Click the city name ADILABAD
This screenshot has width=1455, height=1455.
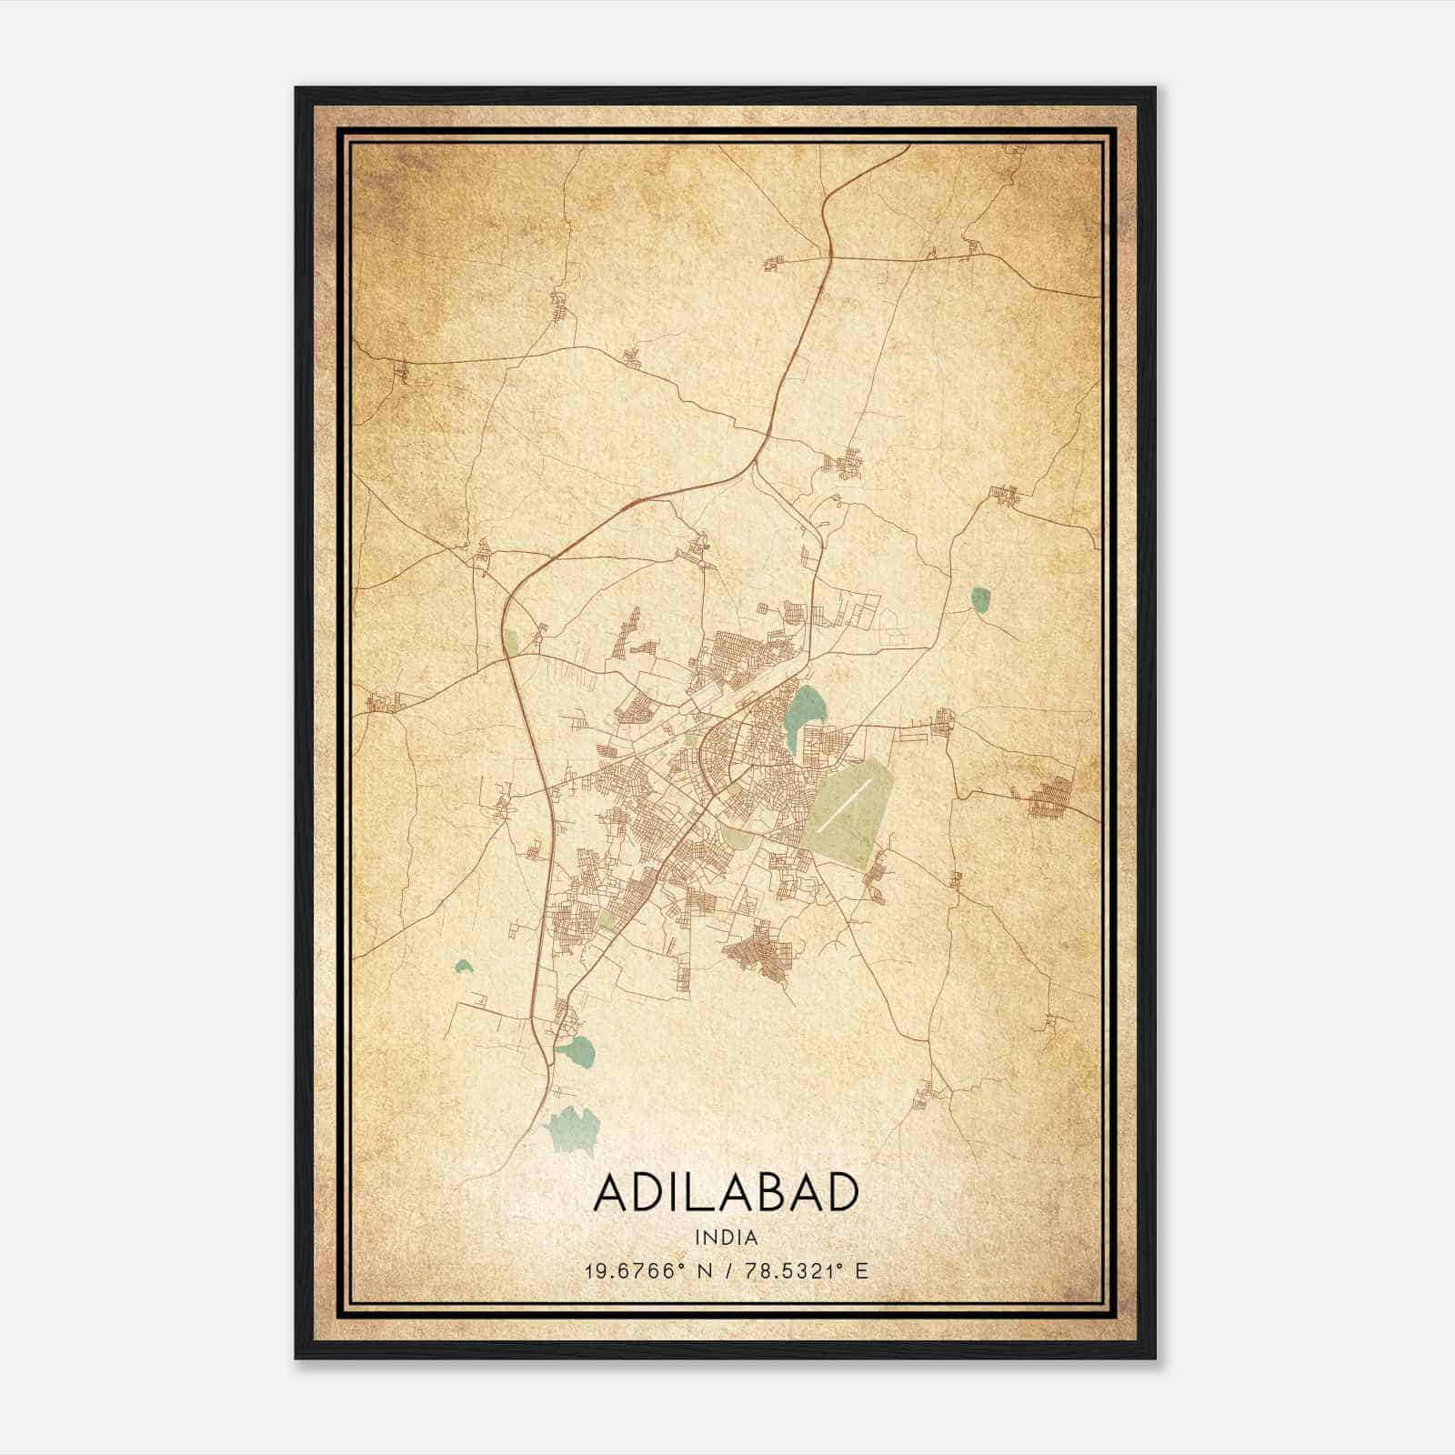tap(727, 1192)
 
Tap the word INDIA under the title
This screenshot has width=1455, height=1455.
tap(727, 1238)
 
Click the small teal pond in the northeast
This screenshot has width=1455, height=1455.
tap(980, 600)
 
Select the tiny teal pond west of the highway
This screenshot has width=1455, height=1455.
tap(464, 967)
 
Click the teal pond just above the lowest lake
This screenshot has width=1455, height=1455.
tap(577, 1052)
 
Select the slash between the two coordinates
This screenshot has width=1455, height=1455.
tap(728, 1270)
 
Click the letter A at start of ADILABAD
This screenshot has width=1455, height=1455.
tap(611, 1193)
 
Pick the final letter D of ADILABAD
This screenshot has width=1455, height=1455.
tap(842, 1193)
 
